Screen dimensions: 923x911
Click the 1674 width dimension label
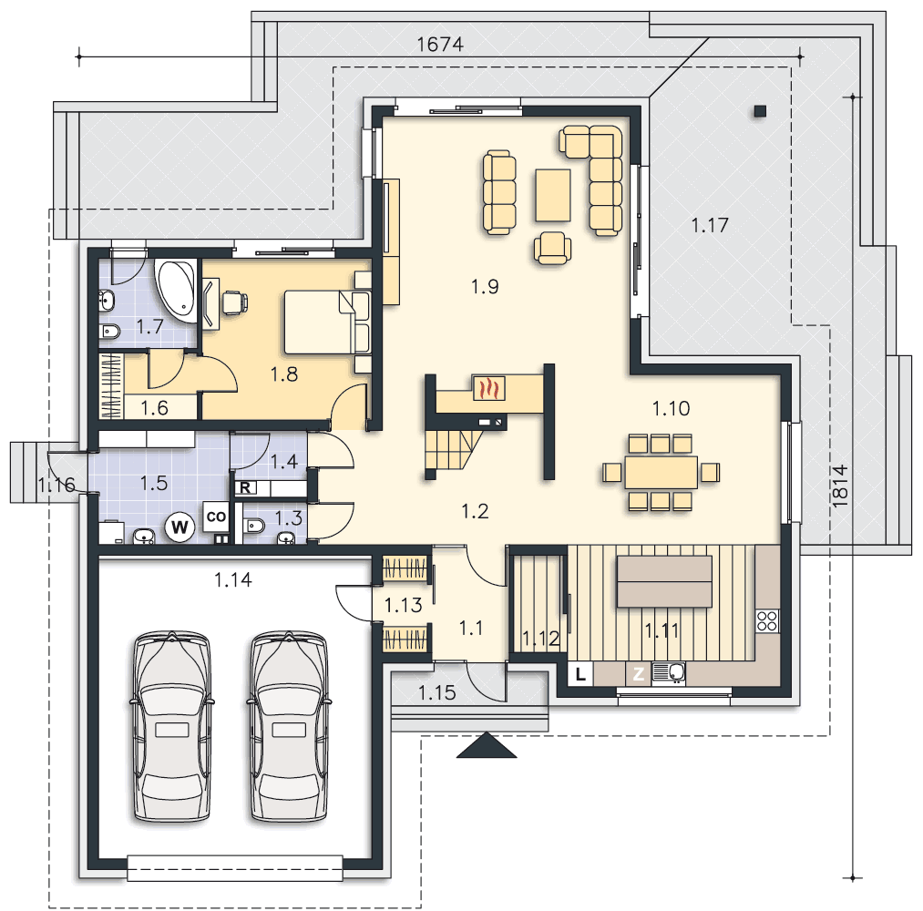coord(440,44)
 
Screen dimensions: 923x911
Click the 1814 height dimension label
coord(840,486)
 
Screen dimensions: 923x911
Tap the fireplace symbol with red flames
coord(489,388)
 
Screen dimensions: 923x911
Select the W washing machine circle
coord(179,527)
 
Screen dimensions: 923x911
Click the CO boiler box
coord(216,517)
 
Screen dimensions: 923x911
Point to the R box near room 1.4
coord(245,487)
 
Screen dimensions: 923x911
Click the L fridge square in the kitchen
coord(580,674)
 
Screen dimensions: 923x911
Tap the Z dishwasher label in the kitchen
coord(638,674)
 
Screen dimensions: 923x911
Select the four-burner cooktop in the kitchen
coord(767,620)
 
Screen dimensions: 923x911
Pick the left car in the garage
coord(171,726)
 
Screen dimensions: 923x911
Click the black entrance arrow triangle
coord(487,745)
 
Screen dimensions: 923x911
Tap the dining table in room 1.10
coord(661,472)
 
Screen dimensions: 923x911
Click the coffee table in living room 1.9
coord(553,195)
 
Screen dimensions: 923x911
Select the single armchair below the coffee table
coord(552,247)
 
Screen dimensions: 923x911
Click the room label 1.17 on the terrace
coord(710,225)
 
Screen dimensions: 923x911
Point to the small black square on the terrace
coord(760,110)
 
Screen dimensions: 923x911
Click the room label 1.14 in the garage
coord(233,579)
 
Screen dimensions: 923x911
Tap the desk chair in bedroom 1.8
coord(234,302)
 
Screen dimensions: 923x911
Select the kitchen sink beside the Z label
coord(668,672)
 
